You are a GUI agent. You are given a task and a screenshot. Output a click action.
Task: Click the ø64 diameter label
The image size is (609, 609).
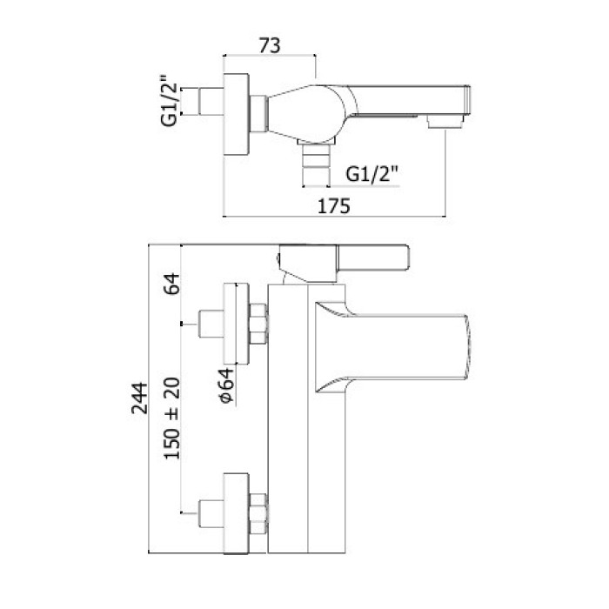pos(225,385)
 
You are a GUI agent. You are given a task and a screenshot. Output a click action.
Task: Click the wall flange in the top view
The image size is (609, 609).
pos(237,113)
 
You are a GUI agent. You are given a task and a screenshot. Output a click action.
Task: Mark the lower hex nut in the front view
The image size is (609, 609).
pos(258,513)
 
